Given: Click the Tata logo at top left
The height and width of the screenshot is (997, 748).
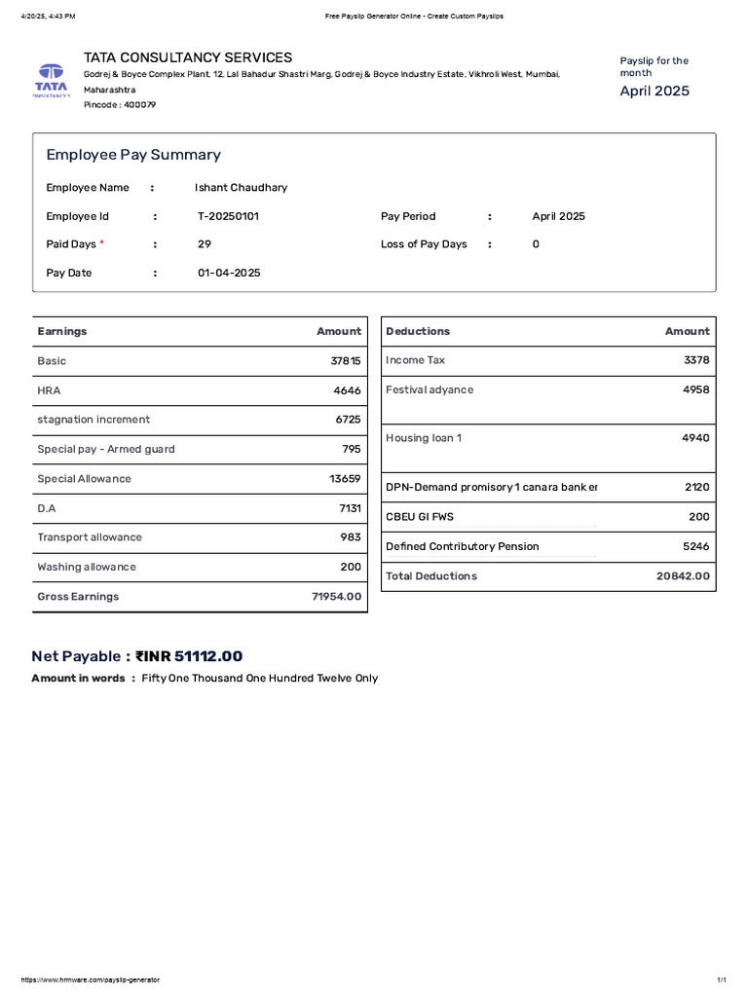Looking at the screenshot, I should coord(50,79).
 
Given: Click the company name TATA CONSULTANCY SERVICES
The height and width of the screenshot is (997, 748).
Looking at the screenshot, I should coord(188,57).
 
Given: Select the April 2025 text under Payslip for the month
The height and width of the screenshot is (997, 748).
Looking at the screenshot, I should coord(654,91).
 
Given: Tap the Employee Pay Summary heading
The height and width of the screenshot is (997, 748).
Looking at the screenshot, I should coord(133,155).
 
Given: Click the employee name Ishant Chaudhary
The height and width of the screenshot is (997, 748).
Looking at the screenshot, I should coord(241,187).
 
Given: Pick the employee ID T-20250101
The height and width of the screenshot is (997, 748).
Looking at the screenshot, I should coord(228,216).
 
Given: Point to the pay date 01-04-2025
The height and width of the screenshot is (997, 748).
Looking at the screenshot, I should coord(229,273).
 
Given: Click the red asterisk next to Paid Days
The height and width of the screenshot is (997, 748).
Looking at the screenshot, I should coord(102,243).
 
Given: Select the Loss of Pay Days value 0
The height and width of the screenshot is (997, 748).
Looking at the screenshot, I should coord(536,244).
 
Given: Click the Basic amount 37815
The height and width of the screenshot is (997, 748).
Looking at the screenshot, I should coord(345,360).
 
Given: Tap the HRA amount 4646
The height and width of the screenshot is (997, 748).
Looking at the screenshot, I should coord(347,390).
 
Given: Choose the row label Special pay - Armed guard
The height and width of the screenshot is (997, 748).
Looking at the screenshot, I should coord(106,449).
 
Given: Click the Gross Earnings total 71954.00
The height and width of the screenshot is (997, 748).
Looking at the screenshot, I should coord(336,596).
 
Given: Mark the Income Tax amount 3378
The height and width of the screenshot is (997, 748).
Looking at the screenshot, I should coord(696,360).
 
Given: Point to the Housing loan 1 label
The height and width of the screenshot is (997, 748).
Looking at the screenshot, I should coord(424,438).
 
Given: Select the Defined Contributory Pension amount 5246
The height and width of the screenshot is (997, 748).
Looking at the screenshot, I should coord(696,546).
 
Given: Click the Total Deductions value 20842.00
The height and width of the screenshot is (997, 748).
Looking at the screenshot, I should coord(683,576).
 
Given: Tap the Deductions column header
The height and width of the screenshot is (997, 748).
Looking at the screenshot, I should coord(418,331).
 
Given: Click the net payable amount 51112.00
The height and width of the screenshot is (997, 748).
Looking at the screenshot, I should coord(208,656).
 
